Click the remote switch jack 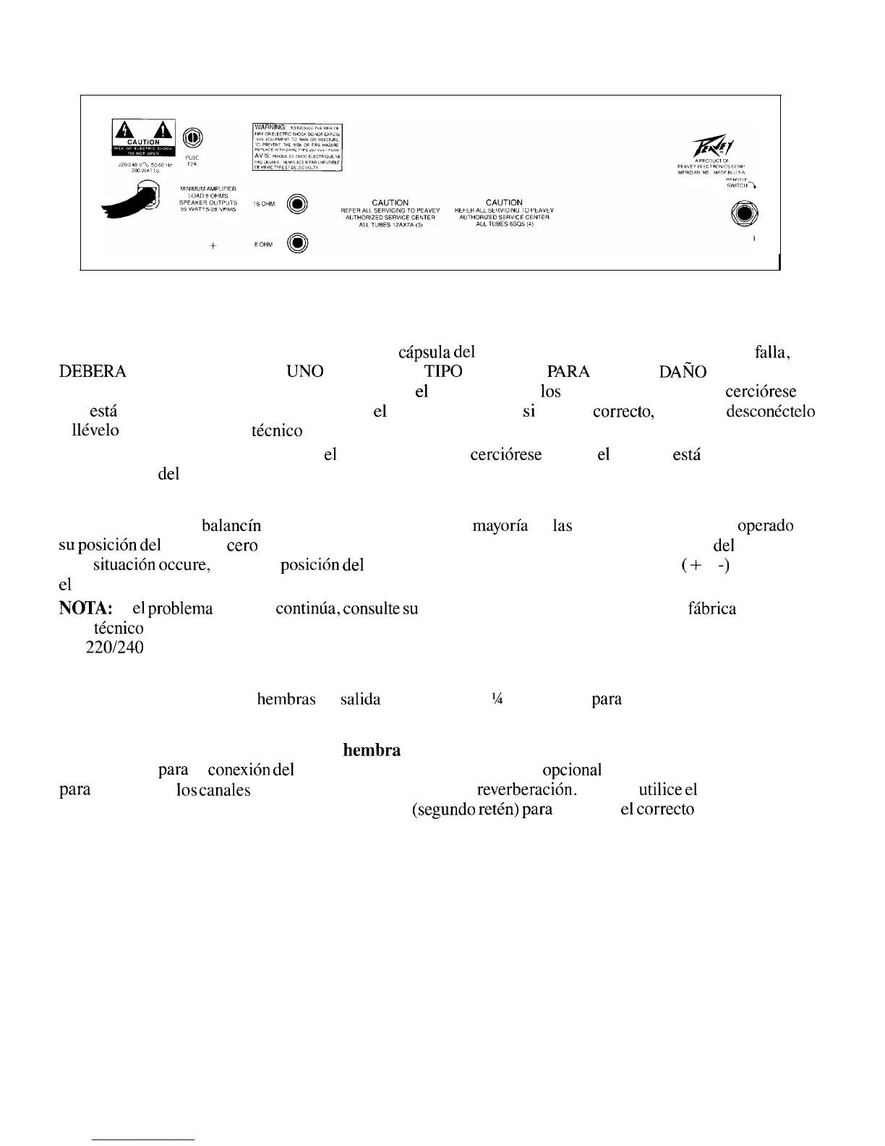[x=744, y=214]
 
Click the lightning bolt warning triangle [x=124, y=130]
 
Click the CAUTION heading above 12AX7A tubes [x=390, y=203]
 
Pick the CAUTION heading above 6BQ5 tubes [x=504, y=203]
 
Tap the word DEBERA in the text [x=93, y=372]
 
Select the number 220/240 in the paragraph [x=114, y=647]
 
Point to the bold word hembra [x=372, y=750]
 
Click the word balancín [x=231, y=526]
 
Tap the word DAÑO [x=683, y=372]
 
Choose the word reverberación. [x=526, y=789]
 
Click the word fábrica [x=712, y=608]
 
